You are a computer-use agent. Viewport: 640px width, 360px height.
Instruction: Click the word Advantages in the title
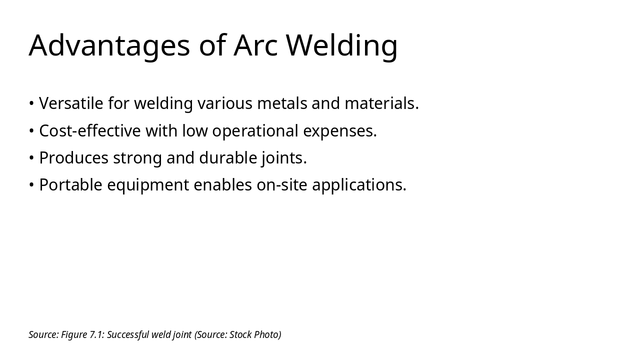point(109,45)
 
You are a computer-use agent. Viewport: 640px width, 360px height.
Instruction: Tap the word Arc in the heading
point(255,45)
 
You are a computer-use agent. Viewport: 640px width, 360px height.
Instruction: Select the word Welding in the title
point(342,45)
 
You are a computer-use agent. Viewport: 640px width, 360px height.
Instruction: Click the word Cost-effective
point(90,131)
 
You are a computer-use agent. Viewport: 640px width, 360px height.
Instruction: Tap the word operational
point(255,131)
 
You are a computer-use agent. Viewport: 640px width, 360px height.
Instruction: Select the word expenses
point(339,131)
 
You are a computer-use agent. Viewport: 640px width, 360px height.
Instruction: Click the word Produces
point(73,158)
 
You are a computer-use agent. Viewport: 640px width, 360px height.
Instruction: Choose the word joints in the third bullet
point(283,158)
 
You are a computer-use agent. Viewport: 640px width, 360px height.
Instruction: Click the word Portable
point(70,185)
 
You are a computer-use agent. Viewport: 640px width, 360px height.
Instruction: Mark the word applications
point(359,185)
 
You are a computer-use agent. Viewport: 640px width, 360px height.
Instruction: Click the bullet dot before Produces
point(31,158)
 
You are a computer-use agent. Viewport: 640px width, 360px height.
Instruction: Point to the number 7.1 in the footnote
point(96,334)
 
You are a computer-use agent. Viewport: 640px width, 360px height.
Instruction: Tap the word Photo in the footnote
point(267,334)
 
